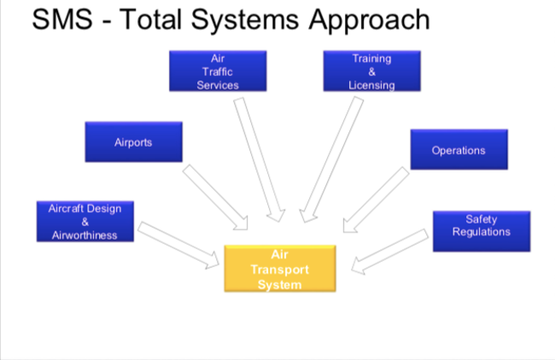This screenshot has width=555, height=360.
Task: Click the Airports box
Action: tap(133, 142)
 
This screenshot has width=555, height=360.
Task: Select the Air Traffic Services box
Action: tap(217, 72)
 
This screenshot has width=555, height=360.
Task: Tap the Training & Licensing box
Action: tap(371, 72)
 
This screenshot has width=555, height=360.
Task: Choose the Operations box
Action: tap(459, 150)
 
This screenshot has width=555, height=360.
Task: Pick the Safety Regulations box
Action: tap(482, 230)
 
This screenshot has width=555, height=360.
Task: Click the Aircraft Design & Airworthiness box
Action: tap(85, 222)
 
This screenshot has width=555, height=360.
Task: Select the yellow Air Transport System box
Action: tap(279, 269)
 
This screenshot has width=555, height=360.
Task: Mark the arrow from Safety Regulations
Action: tap(388, 252)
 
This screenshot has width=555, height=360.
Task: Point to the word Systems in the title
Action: tap(244, 19)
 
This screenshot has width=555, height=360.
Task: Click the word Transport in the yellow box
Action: tap(279, 270)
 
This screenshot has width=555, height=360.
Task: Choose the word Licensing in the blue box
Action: tap(371, 85)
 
